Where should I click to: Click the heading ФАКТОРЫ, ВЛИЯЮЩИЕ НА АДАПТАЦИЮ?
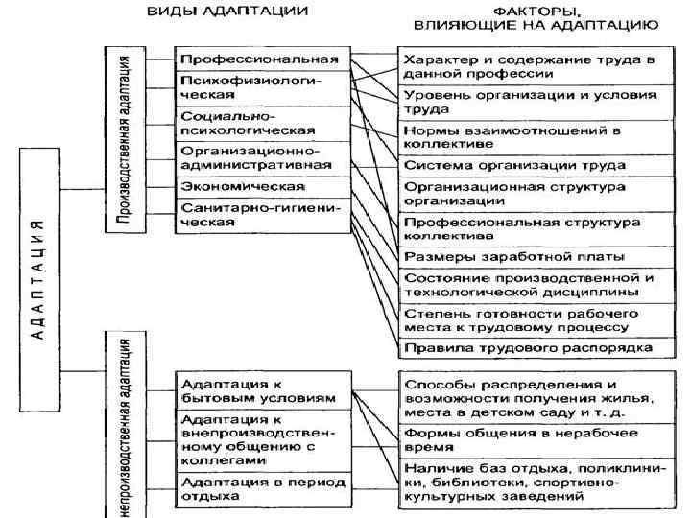[x=536, y=20]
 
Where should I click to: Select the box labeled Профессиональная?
[x=261, y=59]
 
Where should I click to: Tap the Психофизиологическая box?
[x=261, y=88]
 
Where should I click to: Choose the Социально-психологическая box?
[x=261, y=122]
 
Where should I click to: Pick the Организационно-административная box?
[x=261, y=156]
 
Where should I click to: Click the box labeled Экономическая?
[x=261, y=185]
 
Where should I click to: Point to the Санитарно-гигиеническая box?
[x=261, y=215]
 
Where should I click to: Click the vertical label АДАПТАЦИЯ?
[x=37, y=278]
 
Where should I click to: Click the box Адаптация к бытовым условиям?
[x=261, y=388]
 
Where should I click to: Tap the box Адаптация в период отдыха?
[x=261, y=488]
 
